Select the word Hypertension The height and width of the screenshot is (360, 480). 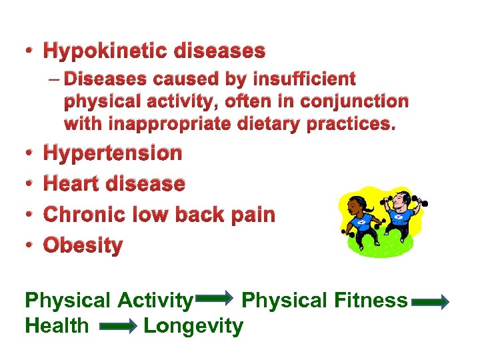(x=112, y=153)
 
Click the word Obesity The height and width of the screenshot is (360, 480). (x=83, y=245)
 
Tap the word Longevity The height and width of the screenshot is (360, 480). (x=193, y=326)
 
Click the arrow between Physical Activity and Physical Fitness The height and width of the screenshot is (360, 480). (x=216, y=301)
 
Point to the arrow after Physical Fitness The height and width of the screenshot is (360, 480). (x=431, y=301)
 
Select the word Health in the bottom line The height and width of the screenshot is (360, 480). (x=56, y=326)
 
